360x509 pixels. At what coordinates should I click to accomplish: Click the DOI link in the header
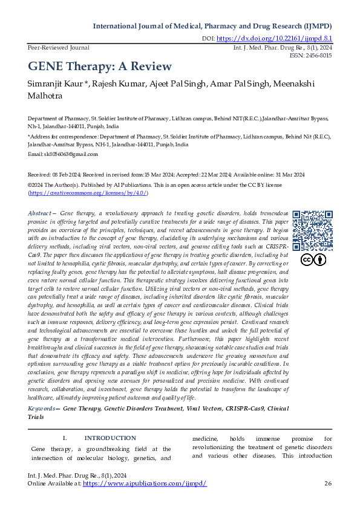tap(274, 38)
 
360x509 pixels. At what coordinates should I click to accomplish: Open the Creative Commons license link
tap(88, 192)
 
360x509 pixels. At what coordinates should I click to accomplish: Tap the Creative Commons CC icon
tap(306, 260)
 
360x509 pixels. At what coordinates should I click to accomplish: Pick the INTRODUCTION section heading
tap(110, 438)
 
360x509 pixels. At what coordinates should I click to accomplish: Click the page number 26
tap(329, 483)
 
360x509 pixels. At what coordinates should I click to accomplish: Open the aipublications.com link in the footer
tap(145, 484)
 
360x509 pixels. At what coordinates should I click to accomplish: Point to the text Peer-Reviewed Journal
tap(59, 47)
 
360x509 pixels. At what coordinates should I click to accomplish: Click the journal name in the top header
tap(212, 27)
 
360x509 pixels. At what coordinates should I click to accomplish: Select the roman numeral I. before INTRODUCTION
tap(65, 438)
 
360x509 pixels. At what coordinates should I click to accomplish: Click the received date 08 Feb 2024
tap(63, 174)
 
